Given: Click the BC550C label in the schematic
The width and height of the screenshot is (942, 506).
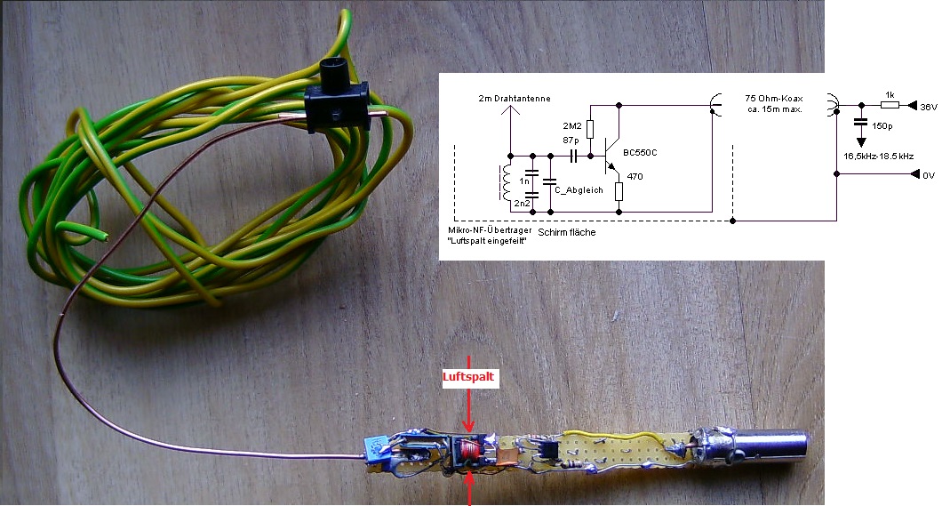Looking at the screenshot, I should click(641, 152).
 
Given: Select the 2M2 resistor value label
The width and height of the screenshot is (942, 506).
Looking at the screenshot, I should click(572, 124).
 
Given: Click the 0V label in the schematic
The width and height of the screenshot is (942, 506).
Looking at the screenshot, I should click(928, 176).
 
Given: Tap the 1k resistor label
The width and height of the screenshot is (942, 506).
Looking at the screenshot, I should click(889, 94).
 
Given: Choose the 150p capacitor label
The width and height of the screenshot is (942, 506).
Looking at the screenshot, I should click(882, 126).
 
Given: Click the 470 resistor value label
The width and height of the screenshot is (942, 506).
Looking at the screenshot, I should click(635, 176).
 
